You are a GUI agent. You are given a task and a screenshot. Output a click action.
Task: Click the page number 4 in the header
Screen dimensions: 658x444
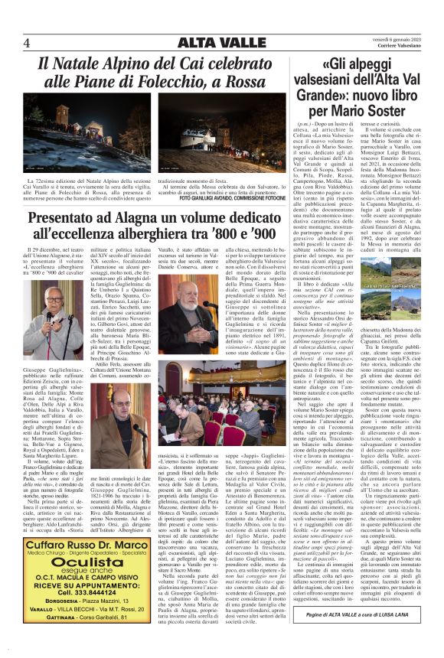[28, 42]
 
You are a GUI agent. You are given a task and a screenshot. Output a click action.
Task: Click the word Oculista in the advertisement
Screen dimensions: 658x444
[96, 560]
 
